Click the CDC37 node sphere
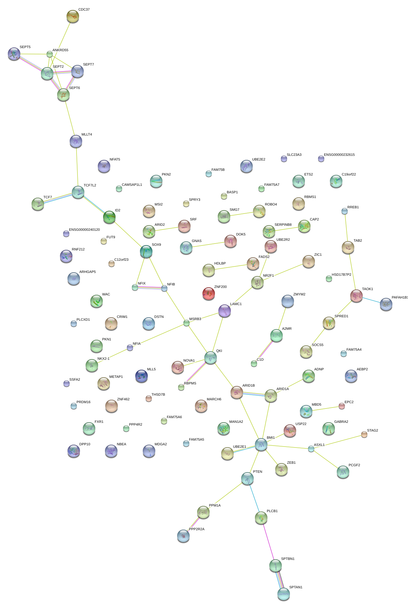(73, 16)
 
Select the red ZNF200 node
(209, 294)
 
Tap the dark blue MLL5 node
(142, 376)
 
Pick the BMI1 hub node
(261, 444)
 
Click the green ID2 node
(109, 217)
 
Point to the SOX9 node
(146, 251)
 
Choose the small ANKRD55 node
(50, 54)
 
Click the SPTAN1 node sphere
(284, 594)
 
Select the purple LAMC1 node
(225, 311)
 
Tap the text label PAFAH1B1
(400, 297)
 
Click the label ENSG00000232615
(339, 155)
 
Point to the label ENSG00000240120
(84, 230)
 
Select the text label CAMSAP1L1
(132, 185)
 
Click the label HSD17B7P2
(341, 274)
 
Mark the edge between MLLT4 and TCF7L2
(77, 167)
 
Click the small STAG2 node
(364, 434)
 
